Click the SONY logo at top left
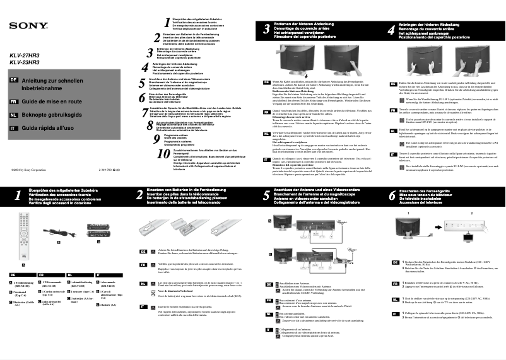27,26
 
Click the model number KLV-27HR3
24,56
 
